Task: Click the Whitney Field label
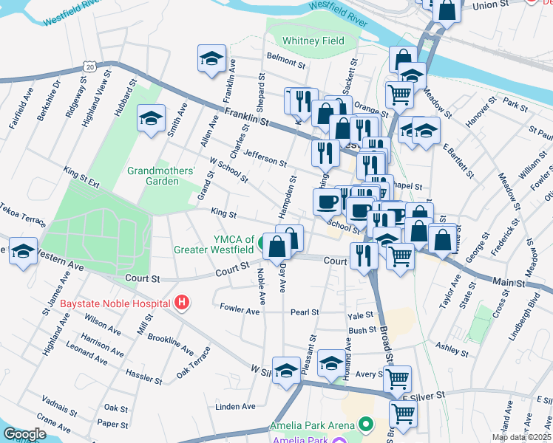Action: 313,41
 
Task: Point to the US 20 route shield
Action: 89,67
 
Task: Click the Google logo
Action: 24,434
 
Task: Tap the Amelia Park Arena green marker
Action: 364,424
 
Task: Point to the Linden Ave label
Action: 235,406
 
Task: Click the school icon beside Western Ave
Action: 24,250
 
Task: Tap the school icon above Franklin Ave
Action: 211,59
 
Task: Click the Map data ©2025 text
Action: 521,437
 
